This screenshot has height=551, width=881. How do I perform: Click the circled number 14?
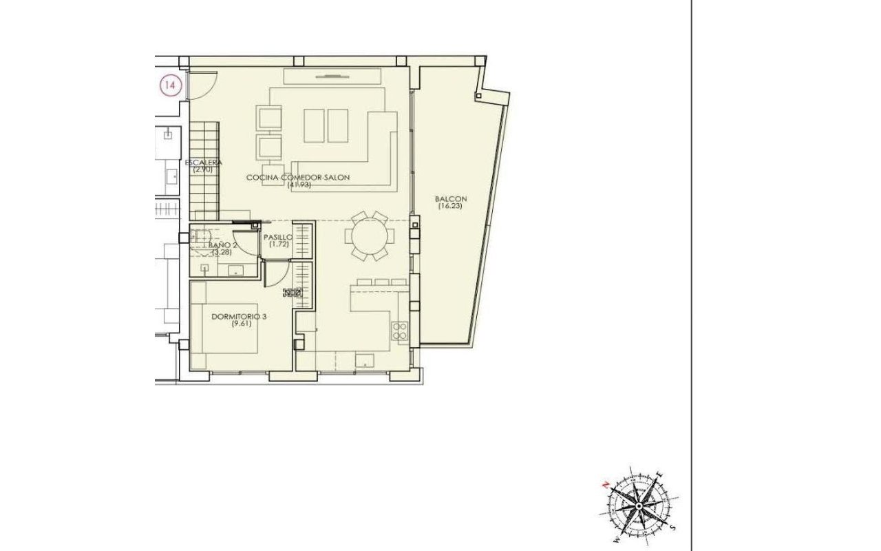170,85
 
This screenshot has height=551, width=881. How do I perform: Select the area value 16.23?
449,206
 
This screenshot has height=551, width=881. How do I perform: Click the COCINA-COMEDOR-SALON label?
298,178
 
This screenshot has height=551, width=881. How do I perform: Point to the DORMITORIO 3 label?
239,316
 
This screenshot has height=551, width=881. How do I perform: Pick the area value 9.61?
242,324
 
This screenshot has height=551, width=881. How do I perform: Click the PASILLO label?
278,238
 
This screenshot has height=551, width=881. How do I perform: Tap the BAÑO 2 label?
223,245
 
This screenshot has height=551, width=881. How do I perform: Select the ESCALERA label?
203,162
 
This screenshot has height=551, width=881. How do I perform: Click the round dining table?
370,236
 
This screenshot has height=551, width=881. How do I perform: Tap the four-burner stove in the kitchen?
400,331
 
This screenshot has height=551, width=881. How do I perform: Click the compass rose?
638,506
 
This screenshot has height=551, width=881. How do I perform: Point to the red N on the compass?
606,485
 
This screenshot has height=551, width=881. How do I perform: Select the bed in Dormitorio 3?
224,329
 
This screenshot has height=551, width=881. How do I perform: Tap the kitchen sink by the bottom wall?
365,360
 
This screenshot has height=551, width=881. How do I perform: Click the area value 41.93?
299,185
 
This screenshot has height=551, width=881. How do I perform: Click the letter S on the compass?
673,528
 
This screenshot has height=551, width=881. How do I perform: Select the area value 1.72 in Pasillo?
279,244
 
